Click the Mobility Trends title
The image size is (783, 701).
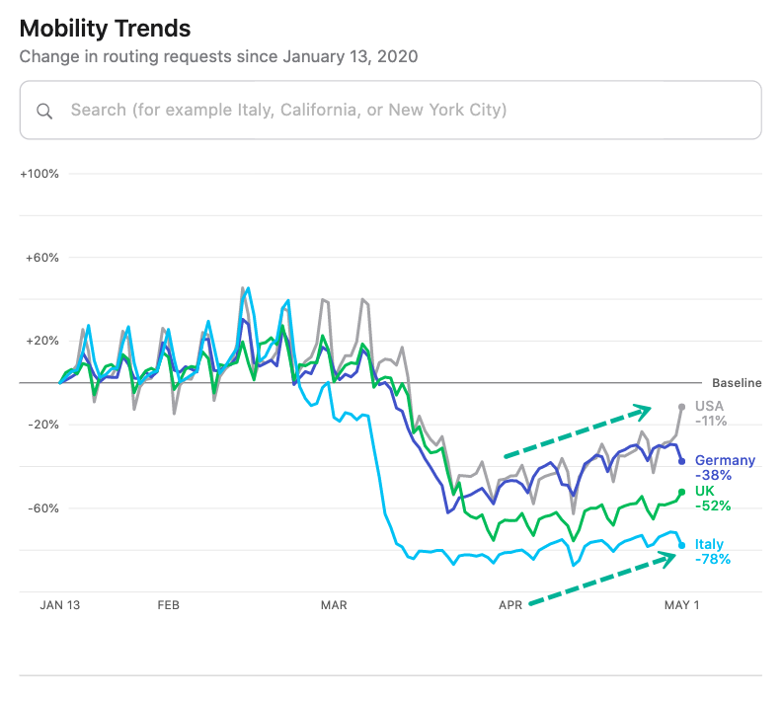[105, 29]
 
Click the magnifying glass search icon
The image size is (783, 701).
[44, 111]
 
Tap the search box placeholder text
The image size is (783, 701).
[288, 110]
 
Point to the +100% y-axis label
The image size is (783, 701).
[39, 174]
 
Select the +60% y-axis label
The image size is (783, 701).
[42, 258]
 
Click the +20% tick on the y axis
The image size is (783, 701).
[42, 341]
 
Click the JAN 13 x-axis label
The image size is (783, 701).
[59, 605]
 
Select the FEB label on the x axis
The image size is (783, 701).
[169, 605]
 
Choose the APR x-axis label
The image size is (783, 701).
[509, 605]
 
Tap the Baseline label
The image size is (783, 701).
[737, 383]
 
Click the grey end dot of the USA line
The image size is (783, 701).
[682, 406]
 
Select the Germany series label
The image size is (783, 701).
[725, 460]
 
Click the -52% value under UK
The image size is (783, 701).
[713, 506]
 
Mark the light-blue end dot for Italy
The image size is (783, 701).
[682, 545]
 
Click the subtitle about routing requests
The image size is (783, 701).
[218, 56]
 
